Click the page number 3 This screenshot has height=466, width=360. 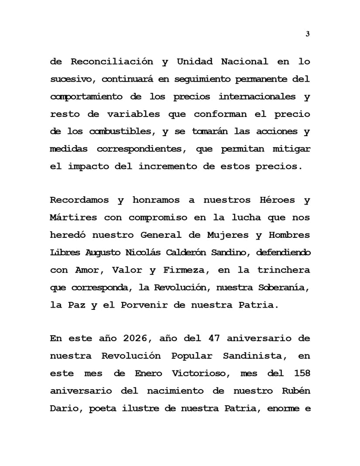(x=308, y=34)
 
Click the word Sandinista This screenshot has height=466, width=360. (x=255, y=356)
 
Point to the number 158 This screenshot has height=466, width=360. (x=299, y=373)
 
